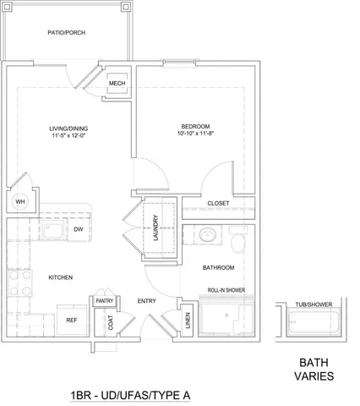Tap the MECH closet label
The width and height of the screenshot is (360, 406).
point(117,84)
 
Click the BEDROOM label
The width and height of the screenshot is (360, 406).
point(195,125)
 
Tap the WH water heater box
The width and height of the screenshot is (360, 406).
point(19,202)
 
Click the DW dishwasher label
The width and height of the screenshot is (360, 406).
point(77,229)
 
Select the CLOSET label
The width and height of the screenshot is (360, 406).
point(219,204)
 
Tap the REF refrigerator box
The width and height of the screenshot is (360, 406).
point(72,321)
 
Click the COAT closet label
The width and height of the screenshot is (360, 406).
point(111,322)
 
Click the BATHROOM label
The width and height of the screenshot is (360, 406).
point(218,268)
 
